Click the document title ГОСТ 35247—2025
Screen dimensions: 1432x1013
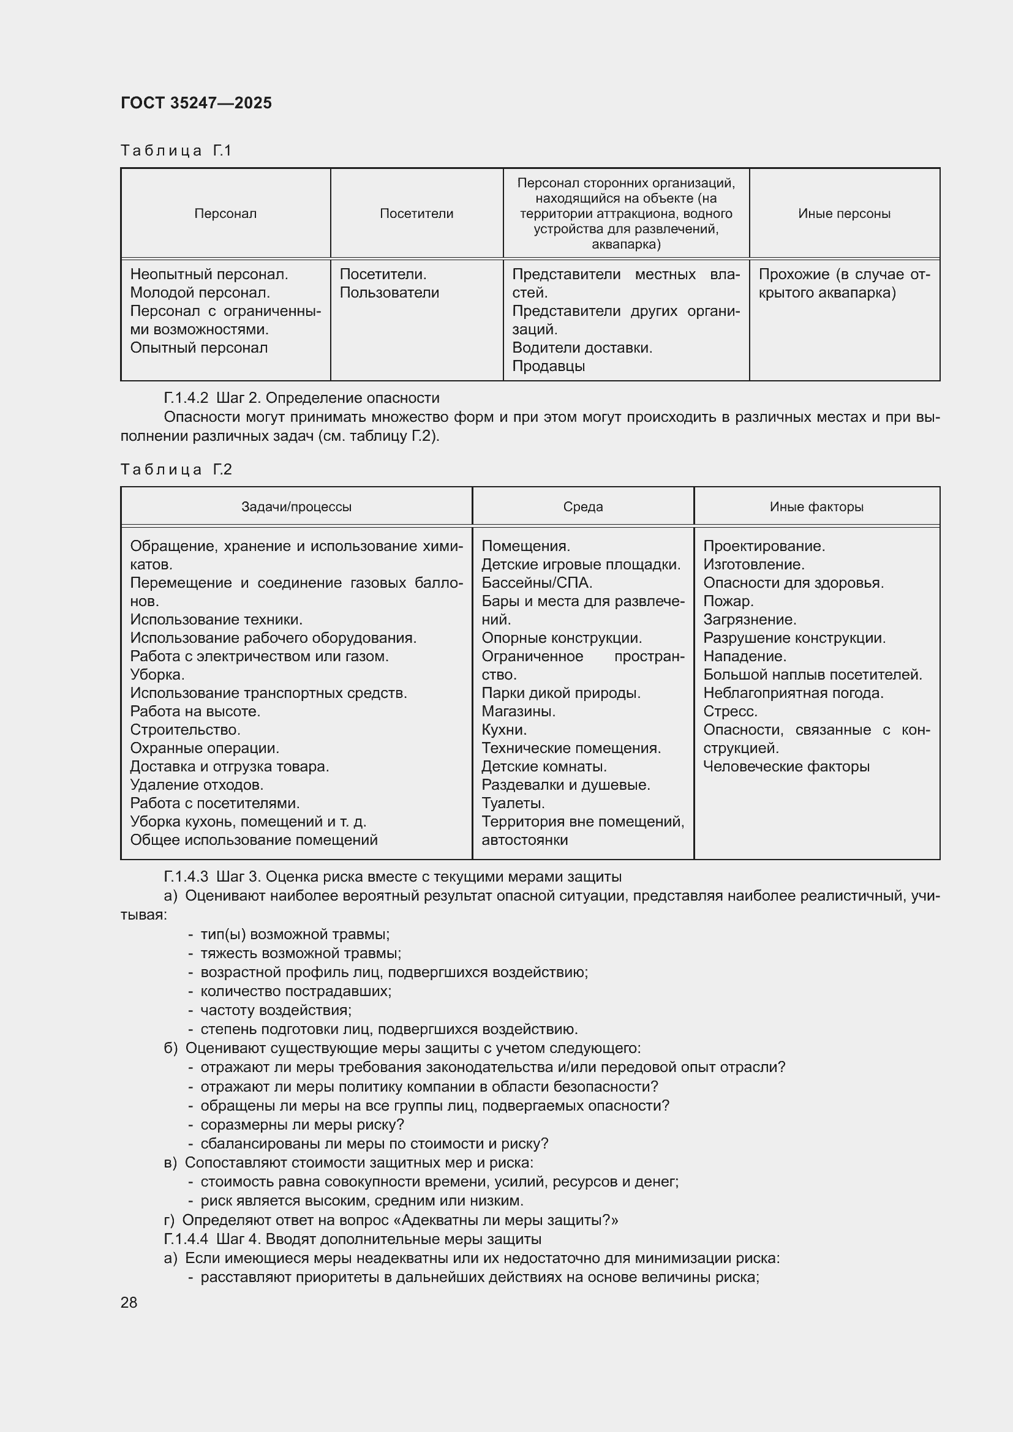(x=196, y=103)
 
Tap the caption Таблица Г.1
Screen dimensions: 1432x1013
(x=176, y=151)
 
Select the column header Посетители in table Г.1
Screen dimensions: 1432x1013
(x=416, y=213)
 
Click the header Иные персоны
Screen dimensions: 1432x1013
(x=844, y=213)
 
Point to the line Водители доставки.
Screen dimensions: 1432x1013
(x=582, y=347)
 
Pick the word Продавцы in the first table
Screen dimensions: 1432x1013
(x=548, y=366)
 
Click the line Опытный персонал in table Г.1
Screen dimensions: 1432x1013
(x=198, y=347)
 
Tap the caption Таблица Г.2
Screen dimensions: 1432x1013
(x=176, y=469)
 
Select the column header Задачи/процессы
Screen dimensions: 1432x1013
(x=296, y=506)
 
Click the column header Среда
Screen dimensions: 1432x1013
(x=582, y=506)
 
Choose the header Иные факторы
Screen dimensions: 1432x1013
(x=816, y=506)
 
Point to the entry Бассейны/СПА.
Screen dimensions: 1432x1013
(x=537, y=582)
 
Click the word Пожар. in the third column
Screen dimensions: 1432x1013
(x=728, y=601)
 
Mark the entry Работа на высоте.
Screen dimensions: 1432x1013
(x=195, y=711)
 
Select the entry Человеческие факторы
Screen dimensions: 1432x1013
(x=786, y=767)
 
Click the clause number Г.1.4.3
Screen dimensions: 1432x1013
(x=185, y=876)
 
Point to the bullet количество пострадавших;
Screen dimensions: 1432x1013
(x=296, y=991)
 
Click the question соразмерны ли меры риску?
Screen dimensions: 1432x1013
(x=302, y=1125)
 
